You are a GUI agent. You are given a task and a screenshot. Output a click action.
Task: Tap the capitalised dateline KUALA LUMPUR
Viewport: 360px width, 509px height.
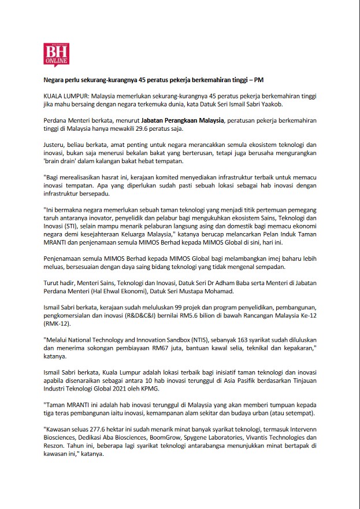65,94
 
